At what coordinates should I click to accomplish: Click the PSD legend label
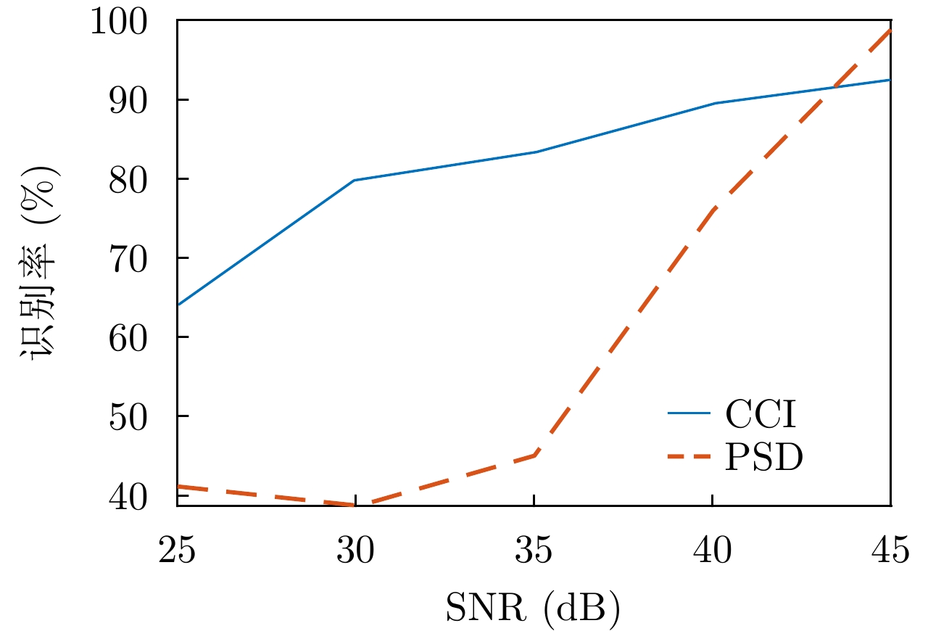point(763,459)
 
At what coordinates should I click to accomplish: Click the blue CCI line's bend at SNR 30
point(355,180)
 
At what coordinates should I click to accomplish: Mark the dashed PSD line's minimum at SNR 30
point(355,504)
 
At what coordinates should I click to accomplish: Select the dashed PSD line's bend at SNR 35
point(534,455)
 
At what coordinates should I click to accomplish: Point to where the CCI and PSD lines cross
point(834,88)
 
